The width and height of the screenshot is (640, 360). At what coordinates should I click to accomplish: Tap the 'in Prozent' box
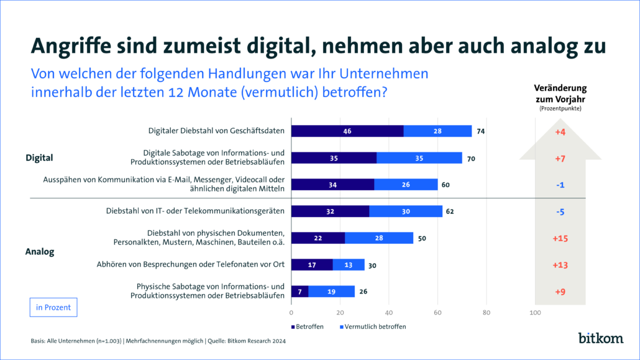[x=53, y=307]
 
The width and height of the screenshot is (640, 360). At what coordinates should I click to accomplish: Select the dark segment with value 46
[x=347, y=131]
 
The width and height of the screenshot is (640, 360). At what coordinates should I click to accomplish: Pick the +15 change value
[x=560, y=238]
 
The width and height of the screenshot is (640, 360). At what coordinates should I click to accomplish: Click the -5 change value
[x=560, y=211]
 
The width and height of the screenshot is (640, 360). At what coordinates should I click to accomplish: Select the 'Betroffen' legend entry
[x=308, y=326]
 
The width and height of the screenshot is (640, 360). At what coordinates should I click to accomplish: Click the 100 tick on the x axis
[x=535, y=312]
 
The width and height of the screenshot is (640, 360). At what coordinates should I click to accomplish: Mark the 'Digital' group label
[x=39, y=158]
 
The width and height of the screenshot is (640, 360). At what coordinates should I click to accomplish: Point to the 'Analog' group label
[x=40, y=252]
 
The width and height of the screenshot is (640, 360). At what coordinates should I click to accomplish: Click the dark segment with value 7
[x=299, y=291]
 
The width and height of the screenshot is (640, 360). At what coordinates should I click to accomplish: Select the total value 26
[x=363, y=291]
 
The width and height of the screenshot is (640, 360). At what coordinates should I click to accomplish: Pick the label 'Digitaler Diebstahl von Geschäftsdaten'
[x=216, y=131]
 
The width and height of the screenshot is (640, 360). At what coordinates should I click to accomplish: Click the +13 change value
[x=560, y=265]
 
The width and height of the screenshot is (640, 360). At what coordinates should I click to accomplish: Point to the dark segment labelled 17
[x=312, y=264]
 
